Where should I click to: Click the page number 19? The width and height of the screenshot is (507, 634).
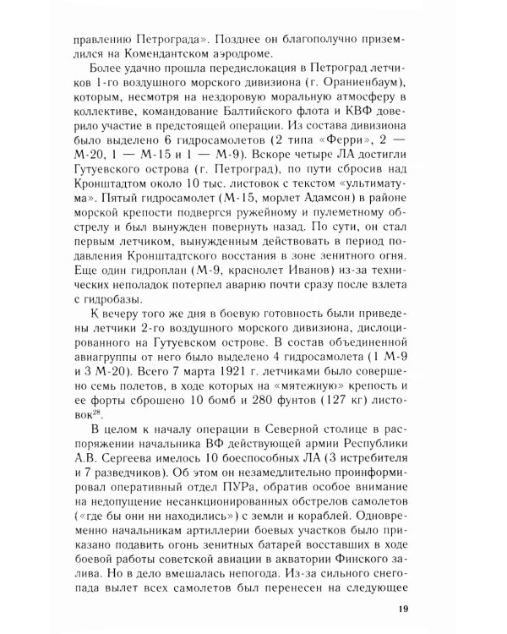403,611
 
